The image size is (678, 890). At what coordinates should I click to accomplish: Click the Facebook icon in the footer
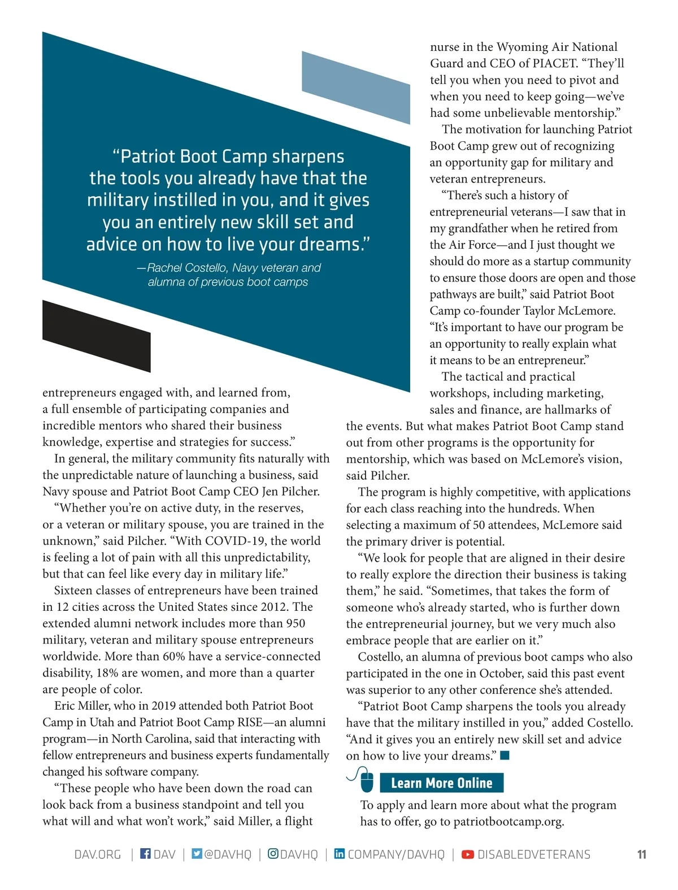point(145,853)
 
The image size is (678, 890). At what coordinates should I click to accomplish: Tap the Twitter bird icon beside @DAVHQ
point(197,853)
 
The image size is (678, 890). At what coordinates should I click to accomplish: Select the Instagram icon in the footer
point(273,853)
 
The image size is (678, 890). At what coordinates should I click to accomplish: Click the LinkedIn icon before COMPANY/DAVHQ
point(340,853)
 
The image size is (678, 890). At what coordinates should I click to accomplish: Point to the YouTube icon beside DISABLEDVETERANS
point(468,854)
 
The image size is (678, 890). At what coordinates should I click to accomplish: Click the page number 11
point(641,854)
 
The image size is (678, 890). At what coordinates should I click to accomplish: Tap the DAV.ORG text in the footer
point(98,854)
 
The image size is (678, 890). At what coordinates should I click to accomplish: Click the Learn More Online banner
point(441,783)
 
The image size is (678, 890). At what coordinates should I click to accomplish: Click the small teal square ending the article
point(505,755)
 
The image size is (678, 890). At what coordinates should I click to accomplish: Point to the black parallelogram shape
point(96,336)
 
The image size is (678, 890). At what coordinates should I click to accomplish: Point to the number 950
point(292,623)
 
